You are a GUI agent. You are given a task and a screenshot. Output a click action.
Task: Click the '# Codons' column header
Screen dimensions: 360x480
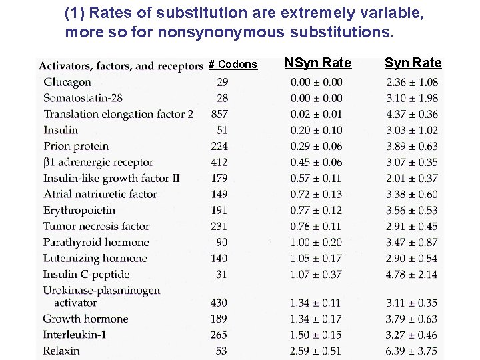(233, 65)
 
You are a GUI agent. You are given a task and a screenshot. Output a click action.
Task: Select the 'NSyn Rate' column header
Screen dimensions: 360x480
(317, 63)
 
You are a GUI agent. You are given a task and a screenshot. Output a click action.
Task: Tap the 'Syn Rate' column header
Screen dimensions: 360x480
(413, 63)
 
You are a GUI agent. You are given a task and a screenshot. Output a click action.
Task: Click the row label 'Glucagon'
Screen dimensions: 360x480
(67, 82)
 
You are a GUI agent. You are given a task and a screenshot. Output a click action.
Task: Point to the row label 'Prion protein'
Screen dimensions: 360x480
(76, 146)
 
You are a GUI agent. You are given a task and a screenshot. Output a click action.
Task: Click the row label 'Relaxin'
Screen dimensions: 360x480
(61, 351)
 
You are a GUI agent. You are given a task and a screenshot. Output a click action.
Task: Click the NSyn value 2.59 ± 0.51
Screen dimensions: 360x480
(316, 351)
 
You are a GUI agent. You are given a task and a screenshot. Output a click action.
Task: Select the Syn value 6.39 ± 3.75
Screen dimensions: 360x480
(411, 351)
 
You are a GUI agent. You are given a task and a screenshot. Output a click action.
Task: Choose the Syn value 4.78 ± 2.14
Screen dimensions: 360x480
(411, 274)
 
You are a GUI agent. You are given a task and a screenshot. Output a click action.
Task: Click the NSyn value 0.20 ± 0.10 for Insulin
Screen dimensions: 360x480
(316, 130)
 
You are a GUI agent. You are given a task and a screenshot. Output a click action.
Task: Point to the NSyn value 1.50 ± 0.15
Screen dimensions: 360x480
(316, 335)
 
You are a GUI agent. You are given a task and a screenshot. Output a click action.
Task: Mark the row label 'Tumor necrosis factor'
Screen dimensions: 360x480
(96, 226)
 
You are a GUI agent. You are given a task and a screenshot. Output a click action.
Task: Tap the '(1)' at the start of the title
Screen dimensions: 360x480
(74, 13)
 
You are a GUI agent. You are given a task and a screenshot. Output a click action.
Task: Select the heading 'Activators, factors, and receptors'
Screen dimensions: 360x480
(120, 65)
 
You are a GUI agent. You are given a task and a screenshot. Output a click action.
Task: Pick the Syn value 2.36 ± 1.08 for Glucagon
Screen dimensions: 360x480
(411, 82)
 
